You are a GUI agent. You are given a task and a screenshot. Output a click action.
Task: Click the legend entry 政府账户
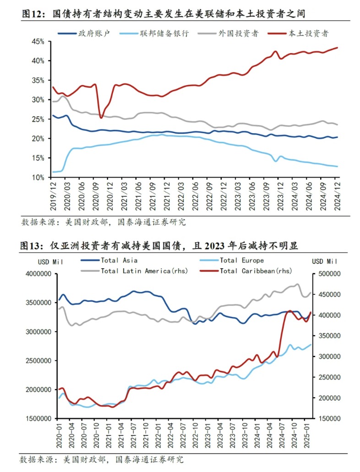pyautogui.click(x=94, y=33)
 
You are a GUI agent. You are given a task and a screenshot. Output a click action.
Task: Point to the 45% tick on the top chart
pyautogui.click(x=38, y=41)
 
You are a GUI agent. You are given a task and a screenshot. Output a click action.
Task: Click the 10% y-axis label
pyautogui.click(x=38, y=177)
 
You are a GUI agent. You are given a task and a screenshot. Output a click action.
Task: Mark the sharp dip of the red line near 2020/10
pyautogui.click(x=101, y=118)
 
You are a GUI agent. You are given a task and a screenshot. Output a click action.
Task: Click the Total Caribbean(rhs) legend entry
pyautogui.click(x=256, y=271)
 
